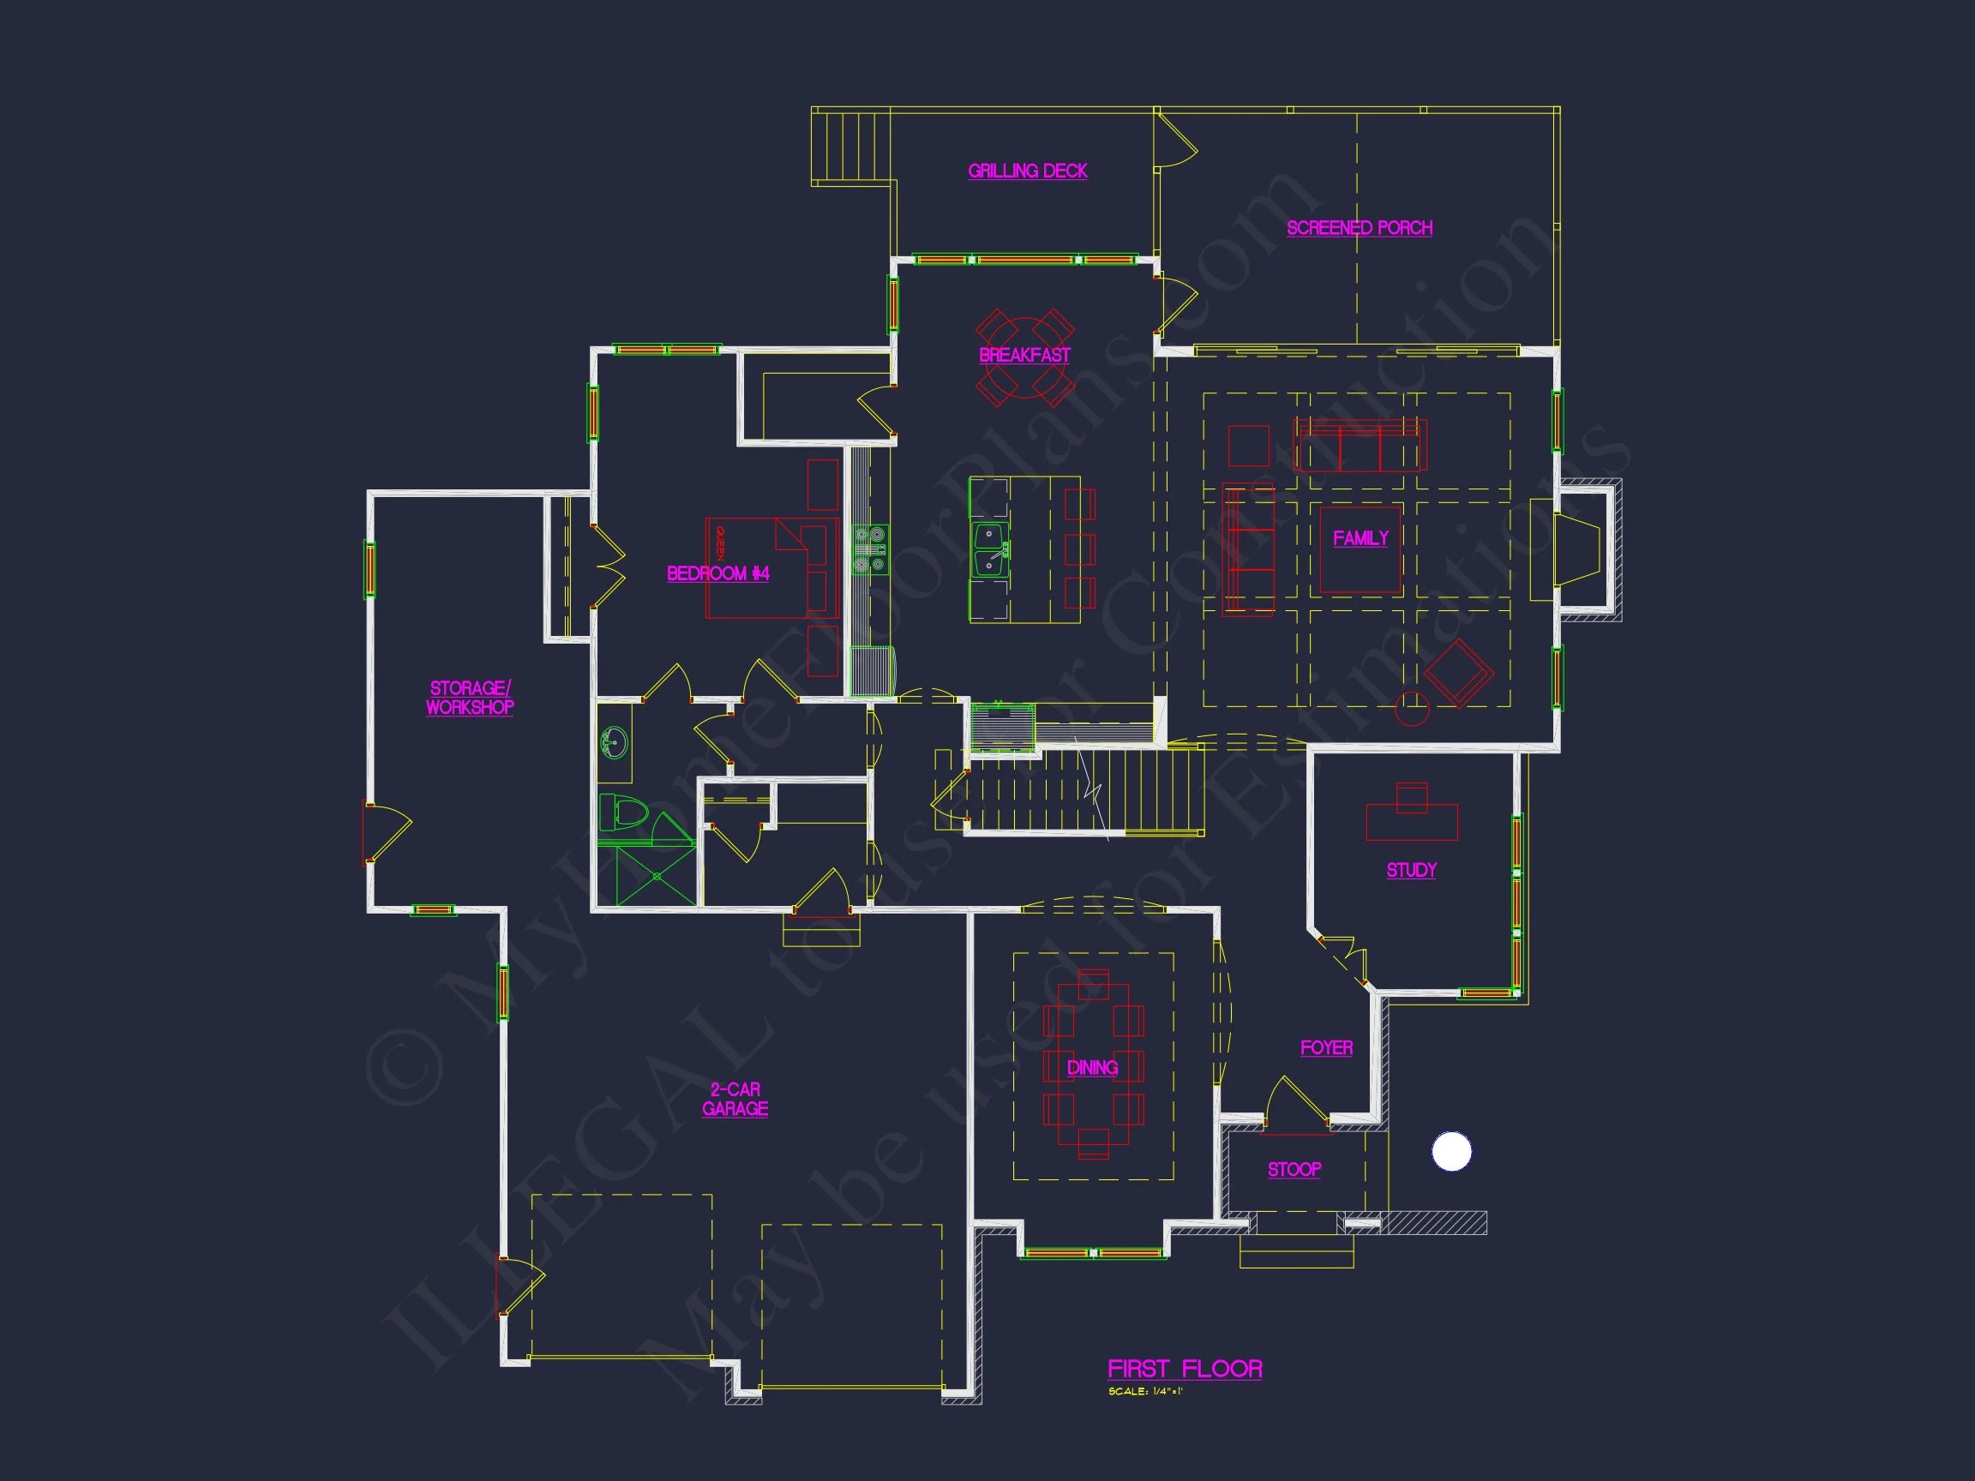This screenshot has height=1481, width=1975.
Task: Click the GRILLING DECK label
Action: click(x=1027, y=171)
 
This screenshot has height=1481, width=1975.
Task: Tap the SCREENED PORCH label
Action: click(x=1359, y=228)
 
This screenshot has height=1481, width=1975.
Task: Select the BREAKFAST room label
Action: click(x=1024, y=356)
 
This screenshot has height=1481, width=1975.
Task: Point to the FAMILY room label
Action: click(x=1360, y=537)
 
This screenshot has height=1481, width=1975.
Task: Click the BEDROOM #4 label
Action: click(x=717, y=573)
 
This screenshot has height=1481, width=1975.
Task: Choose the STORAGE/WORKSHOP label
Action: click(x=470, y=697)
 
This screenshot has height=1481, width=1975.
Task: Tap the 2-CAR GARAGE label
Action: click(x=735, y=1099)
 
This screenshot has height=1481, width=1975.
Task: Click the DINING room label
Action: click(x=1092, y=1068)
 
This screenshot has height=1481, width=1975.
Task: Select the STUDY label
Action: click(x=1411, y=870)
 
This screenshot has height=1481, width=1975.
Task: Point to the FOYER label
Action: click(x=1326, y=1047)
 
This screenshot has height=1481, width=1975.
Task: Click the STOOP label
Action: click(x=1294, y=1169)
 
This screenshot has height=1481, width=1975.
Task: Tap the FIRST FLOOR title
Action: click(x=1184, y=1369)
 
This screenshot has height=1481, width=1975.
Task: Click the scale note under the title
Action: click(x=1144, y=1392)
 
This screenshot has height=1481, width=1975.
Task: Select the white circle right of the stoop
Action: click(x=1451, y=1152)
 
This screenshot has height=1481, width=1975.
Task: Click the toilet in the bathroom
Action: click(x=625, y=813)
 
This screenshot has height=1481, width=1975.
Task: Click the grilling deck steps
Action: click(x=850, y=147)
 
